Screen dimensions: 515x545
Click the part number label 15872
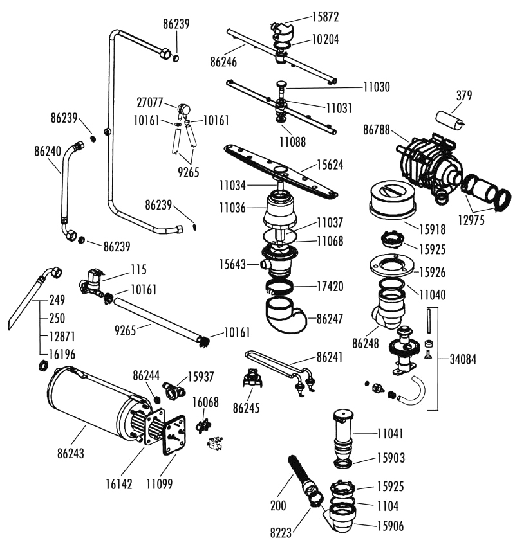click(325, 17)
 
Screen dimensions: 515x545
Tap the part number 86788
click(377, 130)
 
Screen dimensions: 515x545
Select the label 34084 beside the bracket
click(463, 359)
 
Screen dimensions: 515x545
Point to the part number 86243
click(71, 453)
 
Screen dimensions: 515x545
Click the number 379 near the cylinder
click(464, 95)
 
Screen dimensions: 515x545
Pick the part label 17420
click(330, 287)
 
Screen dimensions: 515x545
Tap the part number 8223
click(281, 532)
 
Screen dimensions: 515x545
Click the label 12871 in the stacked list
click(62, 337)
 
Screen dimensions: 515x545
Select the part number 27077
click(150, 103)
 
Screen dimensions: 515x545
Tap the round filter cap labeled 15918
click(393, 200)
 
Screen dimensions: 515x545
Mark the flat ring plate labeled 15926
click(392, 267)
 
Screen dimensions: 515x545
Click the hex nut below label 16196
click(43, 366)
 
